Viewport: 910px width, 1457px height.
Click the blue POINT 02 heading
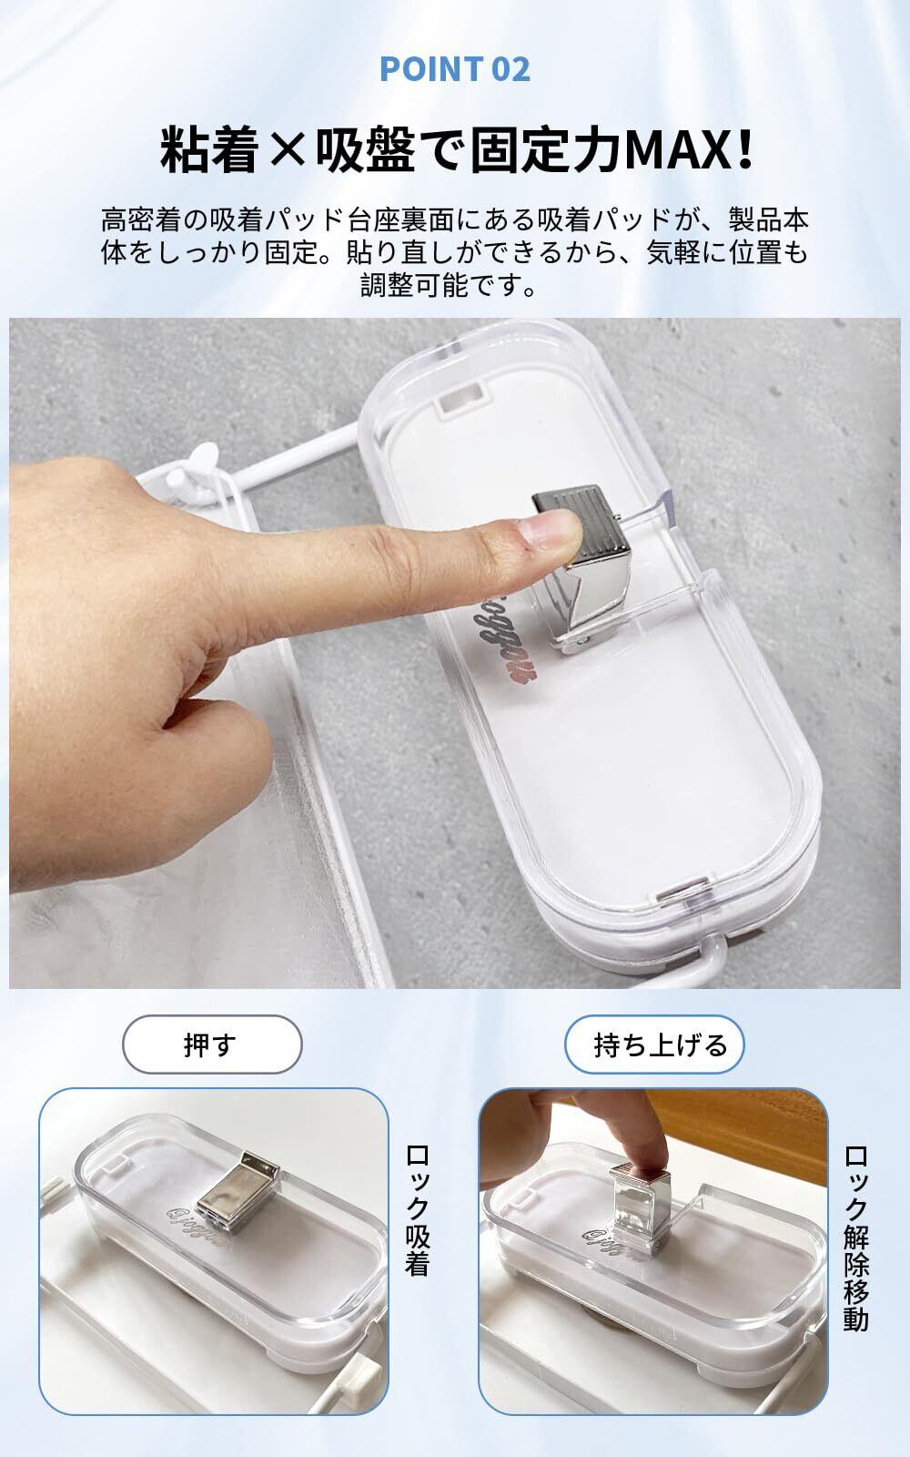[455, 69]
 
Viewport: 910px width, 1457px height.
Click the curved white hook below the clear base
[702, 962]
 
